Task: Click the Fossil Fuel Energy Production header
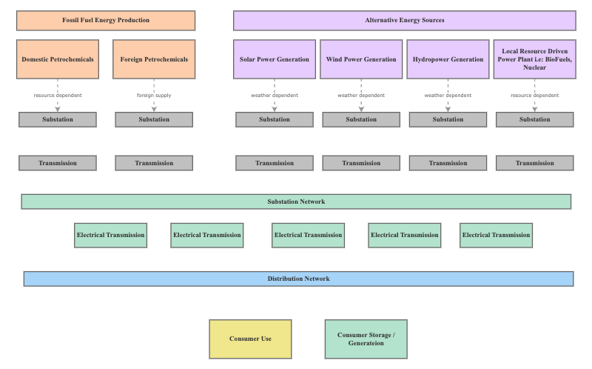(x=106, y=20)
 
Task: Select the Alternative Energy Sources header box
(x=404, y=20)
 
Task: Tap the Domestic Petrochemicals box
(x=58, y=59)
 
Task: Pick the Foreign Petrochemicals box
(x=154, y=59)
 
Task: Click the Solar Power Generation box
(x=275, y=59)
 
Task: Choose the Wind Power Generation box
(x=361, y=59)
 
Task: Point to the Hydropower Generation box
(x=448, y=59)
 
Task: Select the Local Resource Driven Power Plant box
(x=534, y=59)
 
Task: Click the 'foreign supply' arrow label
(x=154, y=96)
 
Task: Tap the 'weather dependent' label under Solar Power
(x=275, y=96)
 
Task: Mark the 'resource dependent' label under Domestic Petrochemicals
(x=58, y=96)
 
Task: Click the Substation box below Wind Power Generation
(x=361, y=119)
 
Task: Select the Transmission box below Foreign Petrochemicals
(x=154, y=163)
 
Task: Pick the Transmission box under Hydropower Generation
(x=448, y=163)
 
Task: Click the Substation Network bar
(x=296, y=202)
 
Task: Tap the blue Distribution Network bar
(x=298, y=279)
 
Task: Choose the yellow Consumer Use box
(x=250, y=339)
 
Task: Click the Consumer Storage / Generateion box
(x=366, y=339)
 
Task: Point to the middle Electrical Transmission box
(x=308, y=235)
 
